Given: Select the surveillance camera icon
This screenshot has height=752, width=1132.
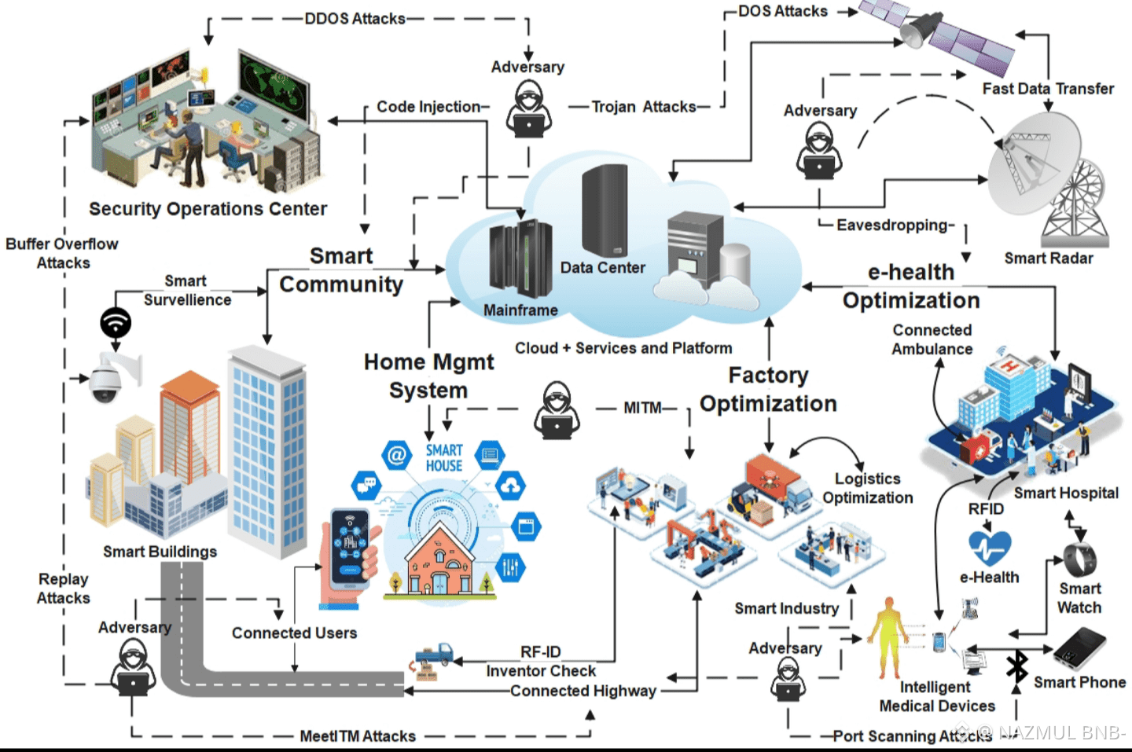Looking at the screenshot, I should (x=110, y=377).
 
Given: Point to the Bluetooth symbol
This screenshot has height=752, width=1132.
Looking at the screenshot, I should (x=1017, y=666).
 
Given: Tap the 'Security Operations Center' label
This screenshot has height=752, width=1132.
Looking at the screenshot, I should (x=208, y=209).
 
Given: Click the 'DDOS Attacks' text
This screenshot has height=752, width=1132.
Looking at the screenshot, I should (x=355, y=18).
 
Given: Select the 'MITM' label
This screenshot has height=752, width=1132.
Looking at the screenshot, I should (x=642, y=408).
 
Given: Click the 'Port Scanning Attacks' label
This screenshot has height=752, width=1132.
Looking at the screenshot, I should (x=912, y=736).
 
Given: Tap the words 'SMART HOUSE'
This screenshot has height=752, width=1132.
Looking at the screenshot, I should (x=444, y=457).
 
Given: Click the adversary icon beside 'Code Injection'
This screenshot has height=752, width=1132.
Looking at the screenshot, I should (x=528, y=110).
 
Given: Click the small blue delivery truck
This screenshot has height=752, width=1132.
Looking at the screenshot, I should (x=435, y=655).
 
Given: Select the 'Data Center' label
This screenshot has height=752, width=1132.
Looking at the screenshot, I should (x=602, y=268).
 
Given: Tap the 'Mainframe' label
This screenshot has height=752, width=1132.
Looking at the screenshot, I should (x=520, y=310).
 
